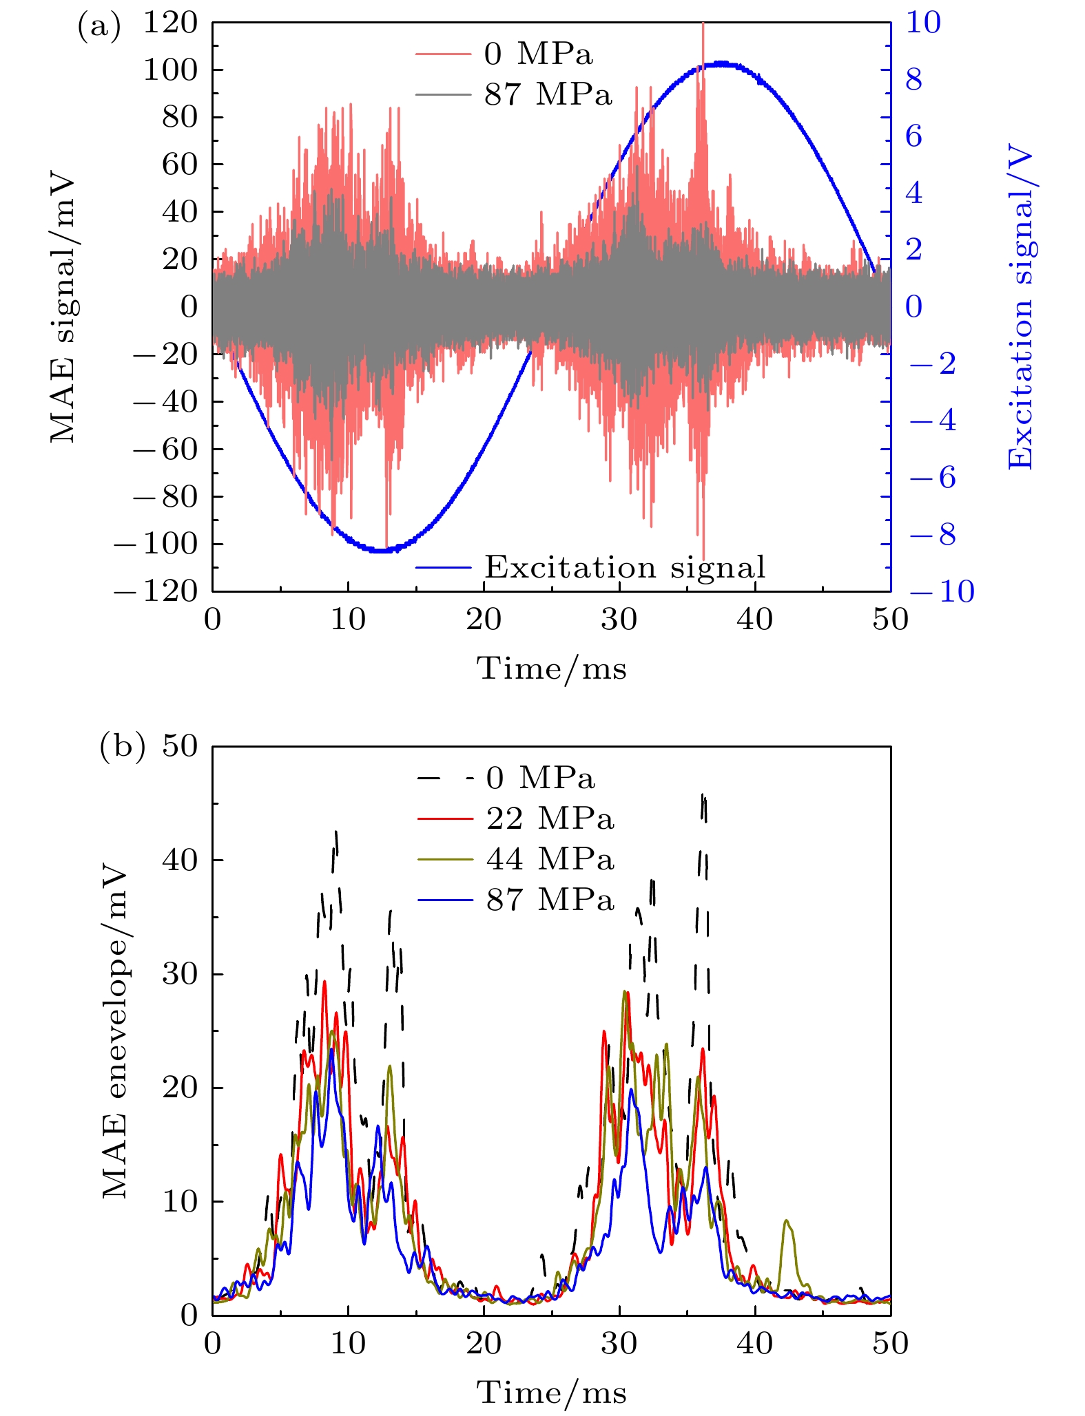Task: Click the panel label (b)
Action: click(x=122, y=747)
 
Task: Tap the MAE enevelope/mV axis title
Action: click(x=114, y=1033)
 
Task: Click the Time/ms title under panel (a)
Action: click(x=552, y=668)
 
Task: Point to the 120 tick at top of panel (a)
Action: click(x=169, y=23)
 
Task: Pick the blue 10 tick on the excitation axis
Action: click(x=923, y=23)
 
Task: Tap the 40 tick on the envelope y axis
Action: click(x=179, y=860)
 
